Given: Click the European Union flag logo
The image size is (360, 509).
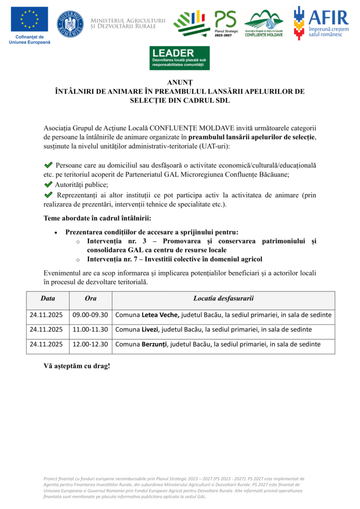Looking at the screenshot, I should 29,20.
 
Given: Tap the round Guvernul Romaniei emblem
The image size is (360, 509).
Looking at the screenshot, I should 70,23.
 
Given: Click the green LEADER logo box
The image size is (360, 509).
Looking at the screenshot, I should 180,58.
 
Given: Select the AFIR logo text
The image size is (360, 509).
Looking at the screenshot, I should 328,17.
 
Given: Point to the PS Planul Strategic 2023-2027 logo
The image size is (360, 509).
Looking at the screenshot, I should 225,23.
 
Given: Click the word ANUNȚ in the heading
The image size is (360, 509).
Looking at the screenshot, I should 180,82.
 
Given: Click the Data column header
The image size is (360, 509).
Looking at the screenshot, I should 48,298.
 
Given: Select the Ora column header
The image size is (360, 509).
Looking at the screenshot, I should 90,298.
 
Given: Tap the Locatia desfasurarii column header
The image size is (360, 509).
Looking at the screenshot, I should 223,298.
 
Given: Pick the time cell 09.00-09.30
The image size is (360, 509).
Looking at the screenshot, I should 90,315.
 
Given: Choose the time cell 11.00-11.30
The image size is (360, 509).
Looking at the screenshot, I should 90,329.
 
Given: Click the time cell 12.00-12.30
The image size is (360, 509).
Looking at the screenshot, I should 90,344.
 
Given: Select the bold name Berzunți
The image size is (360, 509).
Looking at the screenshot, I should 155,344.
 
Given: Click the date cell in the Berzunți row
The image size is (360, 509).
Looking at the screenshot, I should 46,344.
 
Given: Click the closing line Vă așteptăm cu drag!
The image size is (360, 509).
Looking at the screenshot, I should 77,366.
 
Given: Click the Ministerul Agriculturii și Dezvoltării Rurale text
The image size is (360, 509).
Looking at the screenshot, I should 128,23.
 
